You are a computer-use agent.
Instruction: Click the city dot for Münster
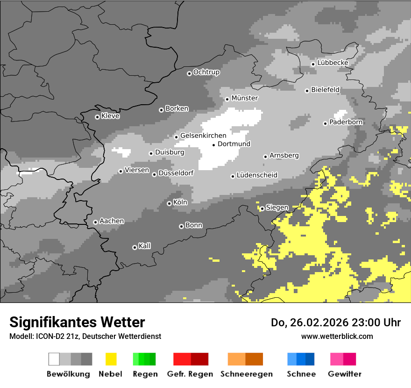click(227, 99)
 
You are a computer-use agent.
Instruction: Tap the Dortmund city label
click(234, 144)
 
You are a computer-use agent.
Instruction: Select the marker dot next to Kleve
click(97, 117)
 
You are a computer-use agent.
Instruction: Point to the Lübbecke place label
click(333, 63)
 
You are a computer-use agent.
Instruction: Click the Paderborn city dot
click(325, 123)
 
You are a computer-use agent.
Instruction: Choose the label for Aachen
click(112, 221)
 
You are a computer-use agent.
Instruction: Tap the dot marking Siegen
click(262, 208)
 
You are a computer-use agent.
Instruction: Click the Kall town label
click(144, 246)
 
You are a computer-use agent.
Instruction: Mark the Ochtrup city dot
click(189, 73)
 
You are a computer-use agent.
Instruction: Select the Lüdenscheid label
click(257, 175)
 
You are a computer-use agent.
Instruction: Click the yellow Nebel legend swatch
click(111, 359)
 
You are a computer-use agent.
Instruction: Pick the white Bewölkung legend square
click(54, 359)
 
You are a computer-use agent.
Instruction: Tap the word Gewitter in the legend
click(345, 374)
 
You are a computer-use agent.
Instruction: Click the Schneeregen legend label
click(246, 374)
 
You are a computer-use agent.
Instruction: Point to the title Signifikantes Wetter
click(77, 322)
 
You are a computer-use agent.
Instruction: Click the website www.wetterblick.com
click(337, 336)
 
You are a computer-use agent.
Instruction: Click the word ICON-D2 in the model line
click(48, 336)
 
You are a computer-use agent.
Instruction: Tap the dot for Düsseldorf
click(154, 174)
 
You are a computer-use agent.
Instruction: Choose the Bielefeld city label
click(325, 90)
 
